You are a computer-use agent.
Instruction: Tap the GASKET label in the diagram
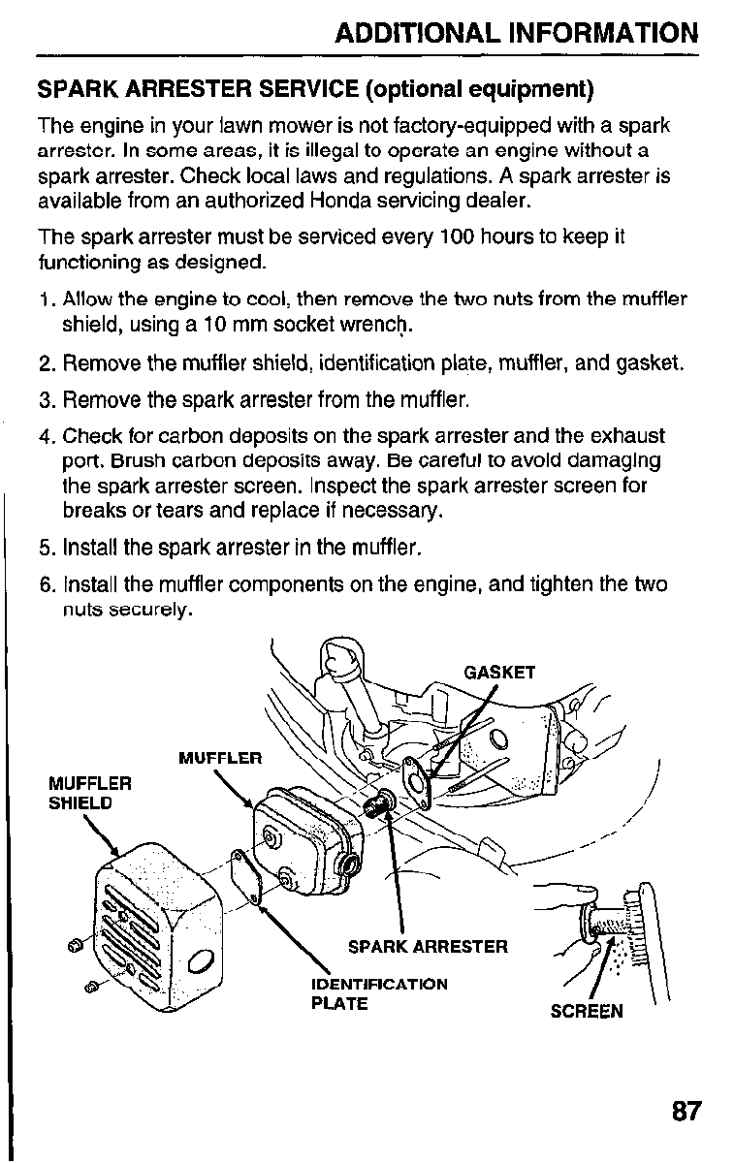[499, 673]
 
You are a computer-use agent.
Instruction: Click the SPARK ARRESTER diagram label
[428, 946]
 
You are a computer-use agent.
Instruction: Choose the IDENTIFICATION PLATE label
[379, 993]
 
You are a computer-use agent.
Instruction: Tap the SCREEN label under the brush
[587, 1012]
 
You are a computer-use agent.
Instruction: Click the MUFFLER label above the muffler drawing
[220, 757]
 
